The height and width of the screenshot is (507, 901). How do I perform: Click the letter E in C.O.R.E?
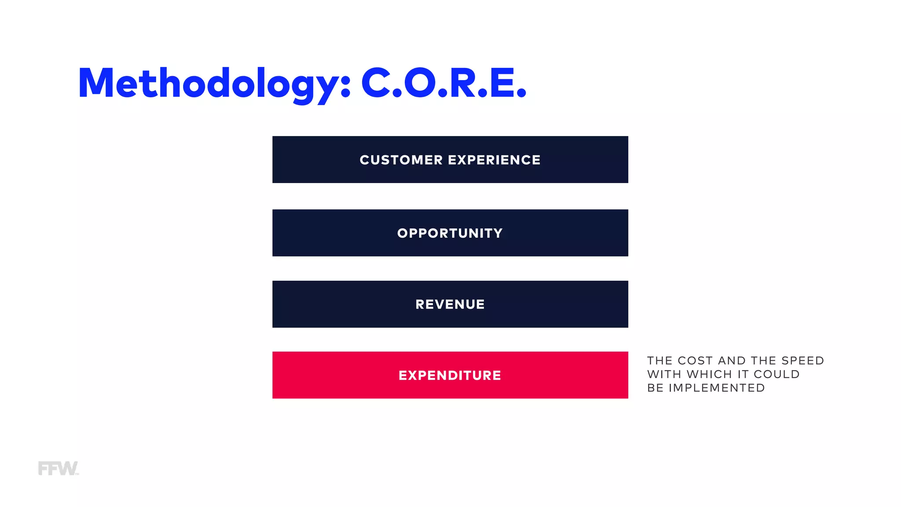click(502, 83)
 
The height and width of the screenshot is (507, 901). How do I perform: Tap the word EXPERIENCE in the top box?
click(494, 160)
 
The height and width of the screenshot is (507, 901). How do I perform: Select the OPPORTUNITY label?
click(450, 233)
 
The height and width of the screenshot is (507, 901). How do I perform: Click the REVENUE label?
click(450, 305)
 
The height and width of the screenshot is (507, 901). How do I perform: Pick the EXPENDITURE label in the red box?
click(450, 375)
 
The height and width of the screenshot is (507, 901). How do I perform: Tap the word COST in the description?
click(695, 361)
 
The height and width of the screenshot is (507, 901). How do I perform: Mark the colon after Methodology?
click(346, 86)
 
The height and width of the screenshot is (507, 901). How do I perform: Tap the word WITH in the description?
click(664, 375)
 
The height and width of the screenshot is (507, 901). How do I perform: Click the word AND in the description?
click(732, 361)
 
